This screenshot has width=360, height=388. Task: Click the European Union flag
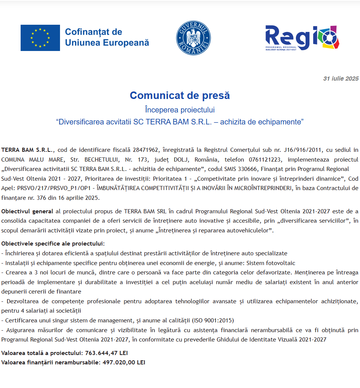tap(40, 38)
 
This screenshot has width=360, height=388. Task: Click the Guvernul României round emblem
tap(193, 38)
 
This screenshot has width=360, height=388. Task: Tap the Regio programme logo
tap(302, 38)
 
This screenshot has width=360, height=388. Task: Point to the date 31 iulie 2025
tap(341, 79)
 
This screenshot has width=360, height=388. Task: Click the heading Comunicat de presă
tap(180, 96)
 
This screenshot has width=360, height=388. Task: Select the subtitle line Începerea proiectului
tap(180, 110)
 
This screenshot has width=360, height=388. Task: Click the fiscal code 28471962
tap(146, 150)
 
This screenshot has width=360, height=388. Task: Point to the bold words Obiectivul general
tap(27, 211)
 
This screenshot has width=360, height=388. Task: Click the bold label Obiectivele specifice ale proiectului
tap(53, 244)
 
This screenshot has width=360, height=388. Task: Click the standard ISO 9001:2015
tap(213, 320)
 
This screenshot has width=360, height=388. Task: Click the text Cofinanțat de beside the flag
tap(93, 32)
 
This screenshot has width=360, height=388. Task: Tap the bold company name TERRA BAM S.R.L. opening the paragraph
tap(28, 150)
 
